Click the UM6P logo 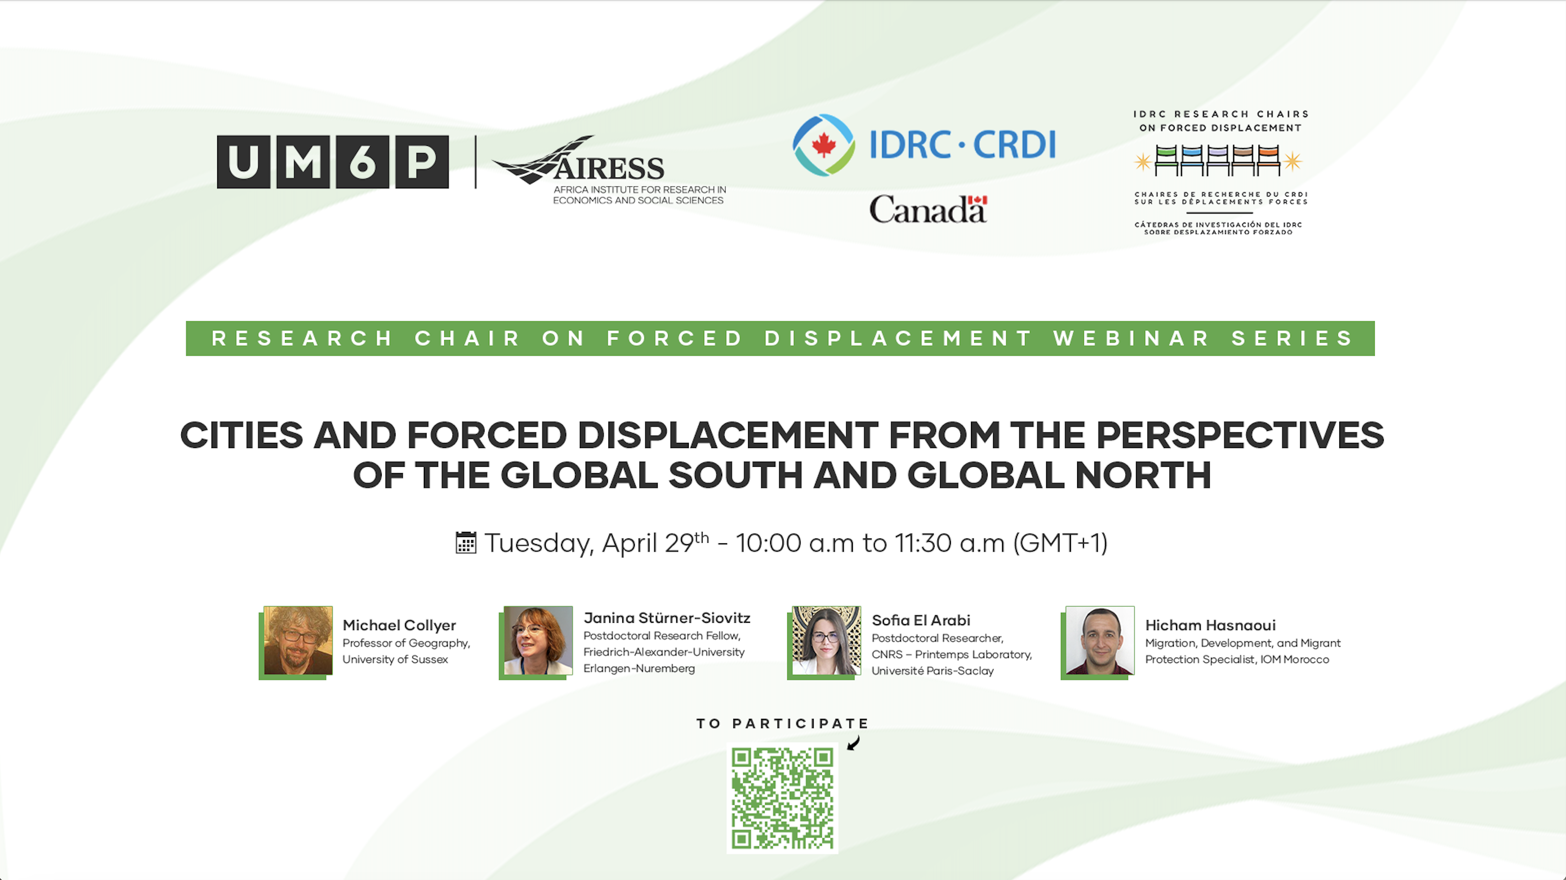click(x=332, y=162)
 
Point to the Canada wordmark click(x=928, y=209)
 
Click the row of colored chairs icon click(x=1218, y=160)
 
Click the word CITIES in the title click(x=242, y=435)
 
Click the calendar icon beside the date click(x=466, y=543)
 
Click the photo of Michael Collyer click(x=298, y=640)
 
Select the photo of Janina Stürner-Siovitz click(x=538, y=640)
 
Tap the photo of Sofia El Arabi click(x=826, y=640)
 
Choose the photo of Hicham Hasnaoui click(x=1100, y=640)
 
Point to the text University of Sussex click(x=395, y=660)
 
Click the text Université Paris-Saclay click(x=933, y=671)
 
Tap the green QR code click(x=783, y=798)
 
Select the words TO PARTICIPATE click(x=783, y=723)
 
